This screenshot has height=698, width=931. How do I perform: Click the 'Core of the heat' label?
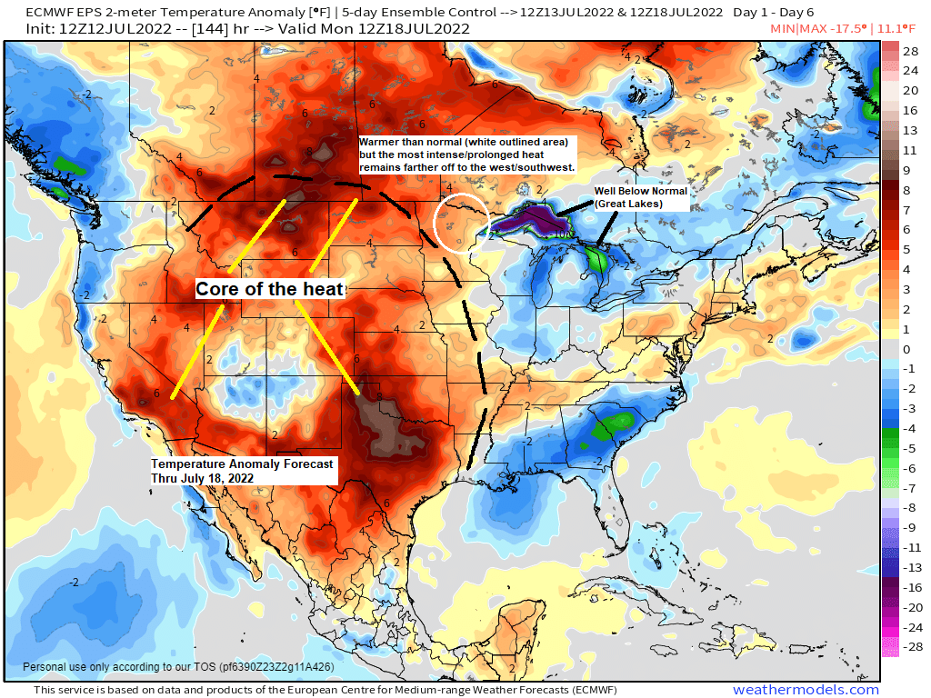click(271, 289)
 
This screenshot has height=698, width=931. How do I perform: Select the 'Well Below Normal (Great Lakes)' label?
click(640, 198)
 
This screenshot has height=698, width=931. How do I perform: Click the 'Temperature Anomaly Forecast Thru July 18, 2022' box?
click(243, 470)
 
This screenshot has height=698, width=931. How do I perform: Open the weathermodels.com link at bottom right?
click(806, 690)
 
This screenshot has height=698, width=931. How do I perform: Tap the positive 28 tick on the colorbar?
click(910, 51)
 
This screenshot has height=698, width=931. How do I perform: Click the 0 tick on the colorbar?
click(906, 349)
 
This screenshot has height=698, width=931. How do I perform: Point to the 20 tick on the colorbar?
click(910, 90)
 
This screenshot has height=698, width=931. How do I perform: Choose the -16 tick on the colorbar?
click(910, 588)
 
